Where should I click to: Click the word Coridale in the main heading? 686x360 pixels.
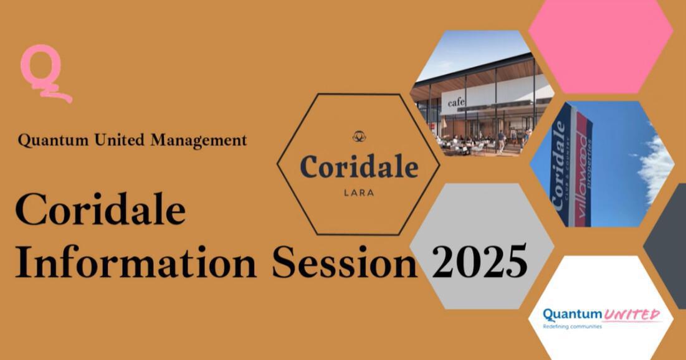[100, 211]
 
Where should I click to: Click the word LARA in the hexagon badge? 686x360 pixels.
[359, 193]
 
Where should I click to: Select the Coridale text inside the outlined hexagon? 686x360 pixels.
[359, 167]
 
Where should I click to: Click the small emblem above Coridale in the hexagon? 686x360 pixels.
[359, 136]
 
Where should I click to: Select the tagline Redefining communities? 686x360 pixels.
[571, 326]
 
